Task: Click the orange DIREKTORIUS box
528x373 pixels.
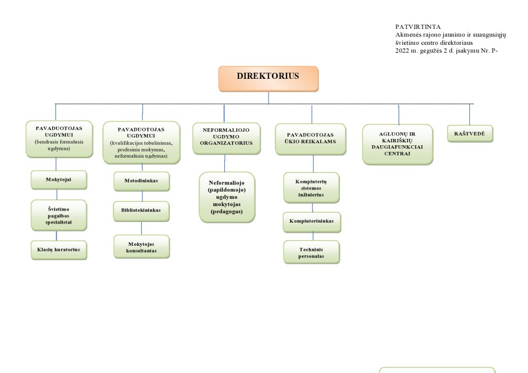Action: click(x=268, y=79)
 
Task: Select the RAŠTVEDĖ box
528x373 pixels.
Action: click(x=470, y=133)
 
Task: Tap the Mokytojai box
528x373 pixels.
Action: click(x=59, y=180)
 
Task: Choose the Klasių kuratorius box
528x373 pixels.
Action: click(x=59, y=250)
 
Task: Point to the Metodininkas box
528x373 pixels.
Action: click(x=142, y=181)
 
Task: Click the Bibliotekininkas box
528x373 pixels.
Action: click(x=141, y=211)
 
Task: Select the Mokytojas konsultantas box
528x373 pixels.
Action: click(x=142, y=247)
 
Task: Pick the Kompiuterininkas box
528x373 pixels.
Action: click(x=312, y=222)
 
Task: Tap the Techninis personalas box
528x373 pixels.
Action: click(x=312, y=252)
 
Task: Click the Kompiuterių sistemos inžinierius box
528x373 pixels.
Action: click(x=311, y=188)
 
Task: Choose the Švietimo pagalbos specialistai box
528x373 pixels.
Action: click(x=59, y=215)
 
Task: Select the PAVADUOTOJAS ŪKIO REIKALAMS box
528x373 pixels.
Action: click(x=310, y=139)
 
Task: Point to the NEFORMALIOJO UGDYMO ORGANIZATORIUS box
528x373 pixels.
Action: click(x=227, y=139)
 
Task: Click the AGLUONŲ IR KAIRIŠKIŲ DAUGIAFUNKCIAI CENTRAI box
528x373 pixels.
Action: click(x=398, y=145)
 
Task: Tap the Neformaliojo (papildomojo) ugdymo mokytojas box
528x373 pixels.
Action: click(x=227, y=197)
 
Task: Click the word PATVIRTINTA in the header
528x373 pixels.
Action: click(x=418, y=27)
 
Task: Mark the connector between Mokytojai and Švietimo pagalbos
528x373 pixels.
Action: click(x=57, y=195)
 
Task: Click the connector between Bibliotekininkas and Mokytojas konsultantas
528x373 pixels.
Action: click(x=141, y=228)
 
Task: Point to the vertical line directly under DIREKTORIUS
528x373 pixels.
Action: click(x=268, y=98)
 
